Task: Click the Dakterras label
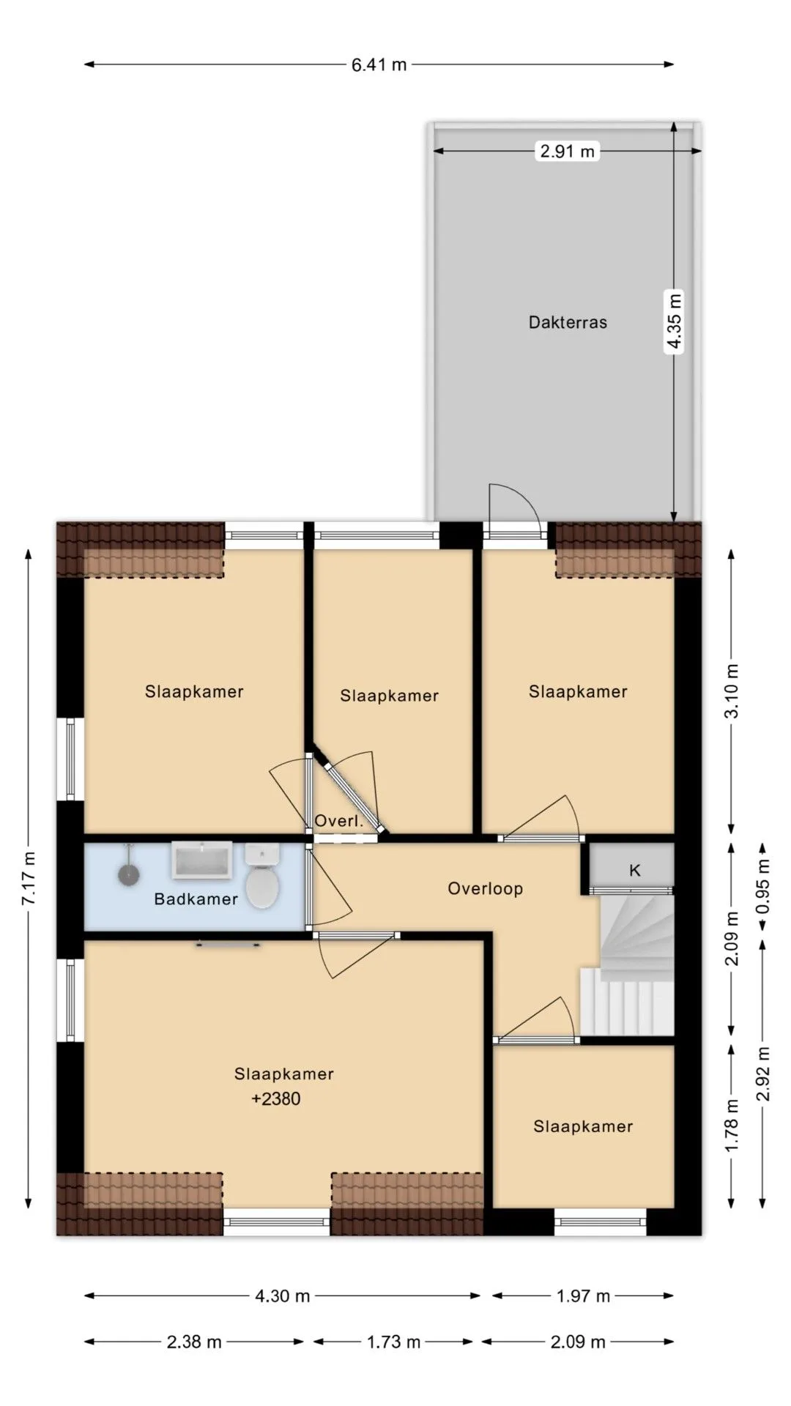(x=568, y=322)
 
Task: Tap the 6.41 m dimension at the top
(x=379, y=64)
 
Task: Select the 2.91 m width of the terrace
(x=568, y=152)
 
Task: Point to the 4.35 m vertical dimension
(x=674, y=322)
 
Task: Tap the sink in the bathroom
(x=202, y=860)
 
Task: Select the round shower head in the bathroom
(x=130, y=874)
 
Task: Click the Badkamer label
(x=196, y=899)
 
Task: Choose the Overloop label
(x=486, y=888)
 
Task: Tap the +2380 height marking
(x=276, y=1098)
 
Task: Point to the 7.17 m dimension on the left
(x=29, y=877)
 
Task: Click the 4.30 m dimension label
(x=282, y=1296)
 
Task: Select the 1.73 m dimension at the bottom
(x=393, y=1342)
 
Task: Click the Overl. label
(x=339, y=821)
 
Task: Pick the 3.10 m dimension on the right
(x=732, y=691)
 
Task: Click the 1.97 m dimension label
(x=583, y=1296)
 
